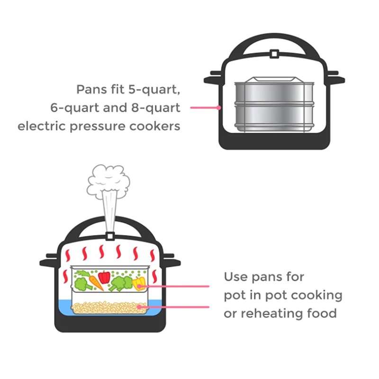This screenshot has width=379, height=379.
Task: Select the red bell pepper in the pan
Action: [x=104, y=277]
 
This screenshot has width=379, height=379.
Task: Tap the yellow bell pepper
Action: [x=137, y=284]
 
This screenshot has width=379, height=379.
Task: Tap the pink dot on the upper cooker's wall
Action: [x=219, y=108]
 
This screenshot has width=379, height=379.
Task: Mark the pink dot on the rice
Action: [x=139, y=307]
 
